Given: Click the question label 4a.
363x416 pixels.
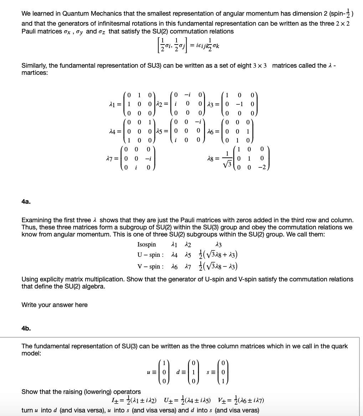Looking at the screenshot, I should pos(26,202).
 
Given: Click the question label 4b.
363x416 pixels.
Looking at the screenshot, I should pos(26,328).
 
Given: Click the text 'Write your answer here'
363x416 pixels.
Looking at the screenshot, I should pos(55,305).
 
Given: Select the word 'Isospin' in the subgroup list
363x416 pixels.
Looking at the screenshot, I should pos(147,244).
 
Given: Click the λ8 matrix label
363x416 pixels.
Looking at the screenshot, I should pos(212,158).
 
